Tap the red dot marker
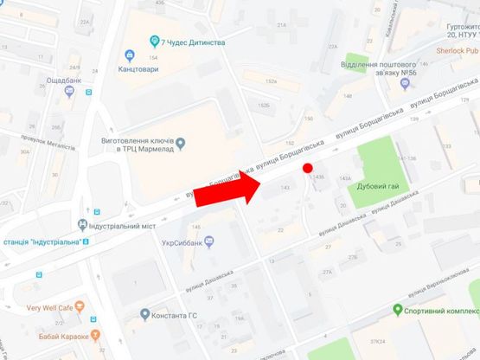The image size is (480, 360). (307, 168)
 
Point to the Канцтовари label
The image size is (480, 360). (138, 68)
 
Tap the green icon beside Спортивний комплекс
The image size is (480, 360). (397, 309)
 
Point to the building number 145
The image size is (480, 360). (196, 227)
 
